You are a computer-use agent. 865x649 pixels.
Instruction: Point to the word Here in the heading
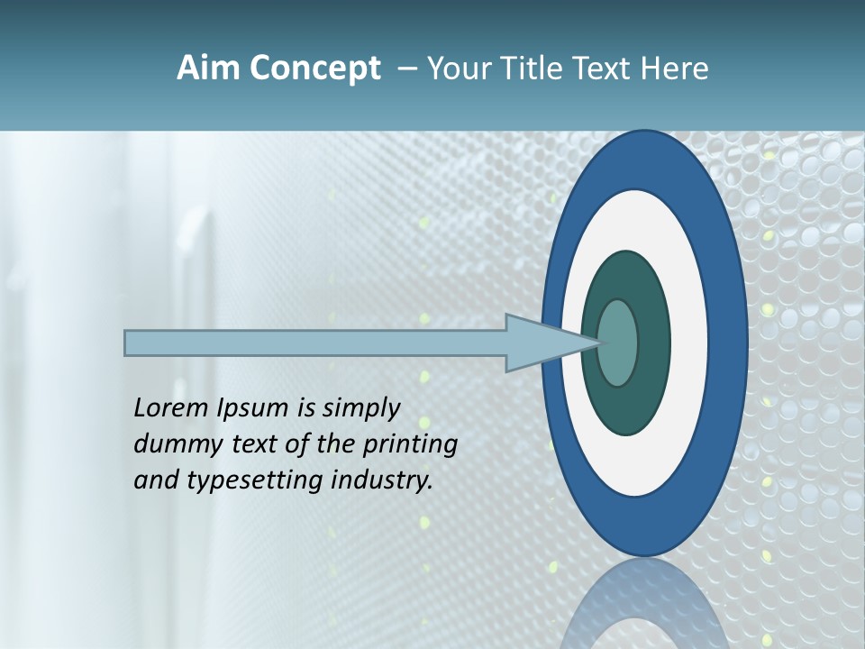pos(674,69)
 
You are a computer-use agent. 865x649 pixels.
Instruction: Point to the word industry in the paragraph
pos(382,481)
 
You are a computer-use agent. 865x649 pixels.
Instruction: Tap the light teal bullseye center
pos(618,343)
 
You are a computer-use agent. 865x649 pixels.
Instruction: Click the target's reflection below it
pos(644,604)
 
